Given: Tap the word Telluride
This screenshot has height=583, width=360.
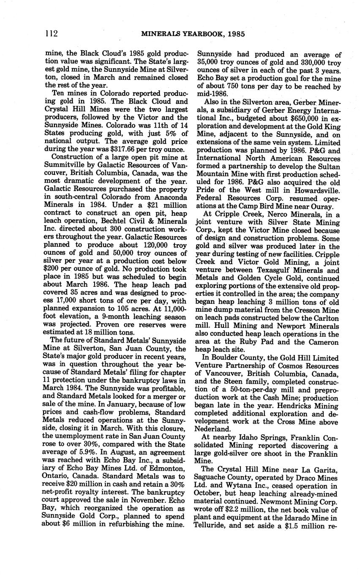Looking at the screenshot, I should (212, 526).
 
